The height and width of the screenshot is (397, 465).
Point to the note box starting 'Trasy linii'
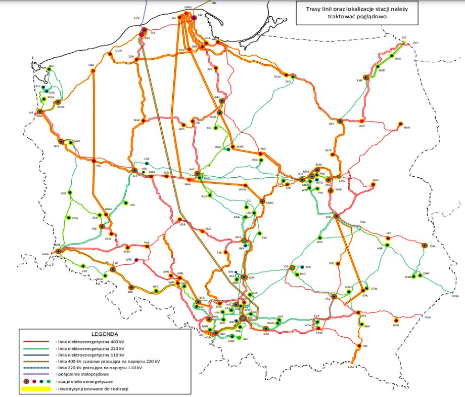(357, 12)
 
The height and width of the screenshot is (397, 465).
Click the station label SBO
(91, 65)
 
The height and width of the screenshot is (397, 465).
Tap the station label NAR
(406, 128)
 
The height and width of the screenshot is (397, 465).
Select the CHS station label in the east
(433, 247)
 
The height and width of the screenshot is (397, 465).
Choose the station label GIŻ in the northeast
(403, 38)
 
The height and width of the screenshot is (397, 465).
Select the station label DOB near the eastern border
(455, 296)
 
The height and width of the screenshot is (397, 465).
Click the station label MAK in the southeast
(396, 326)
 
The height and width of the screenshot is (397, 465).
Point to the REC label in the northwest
(51, 66)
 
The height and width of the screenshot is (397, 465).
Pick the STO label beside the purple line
(136, 18)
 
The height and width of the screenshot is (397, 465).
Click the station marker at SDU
(373, 185)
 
